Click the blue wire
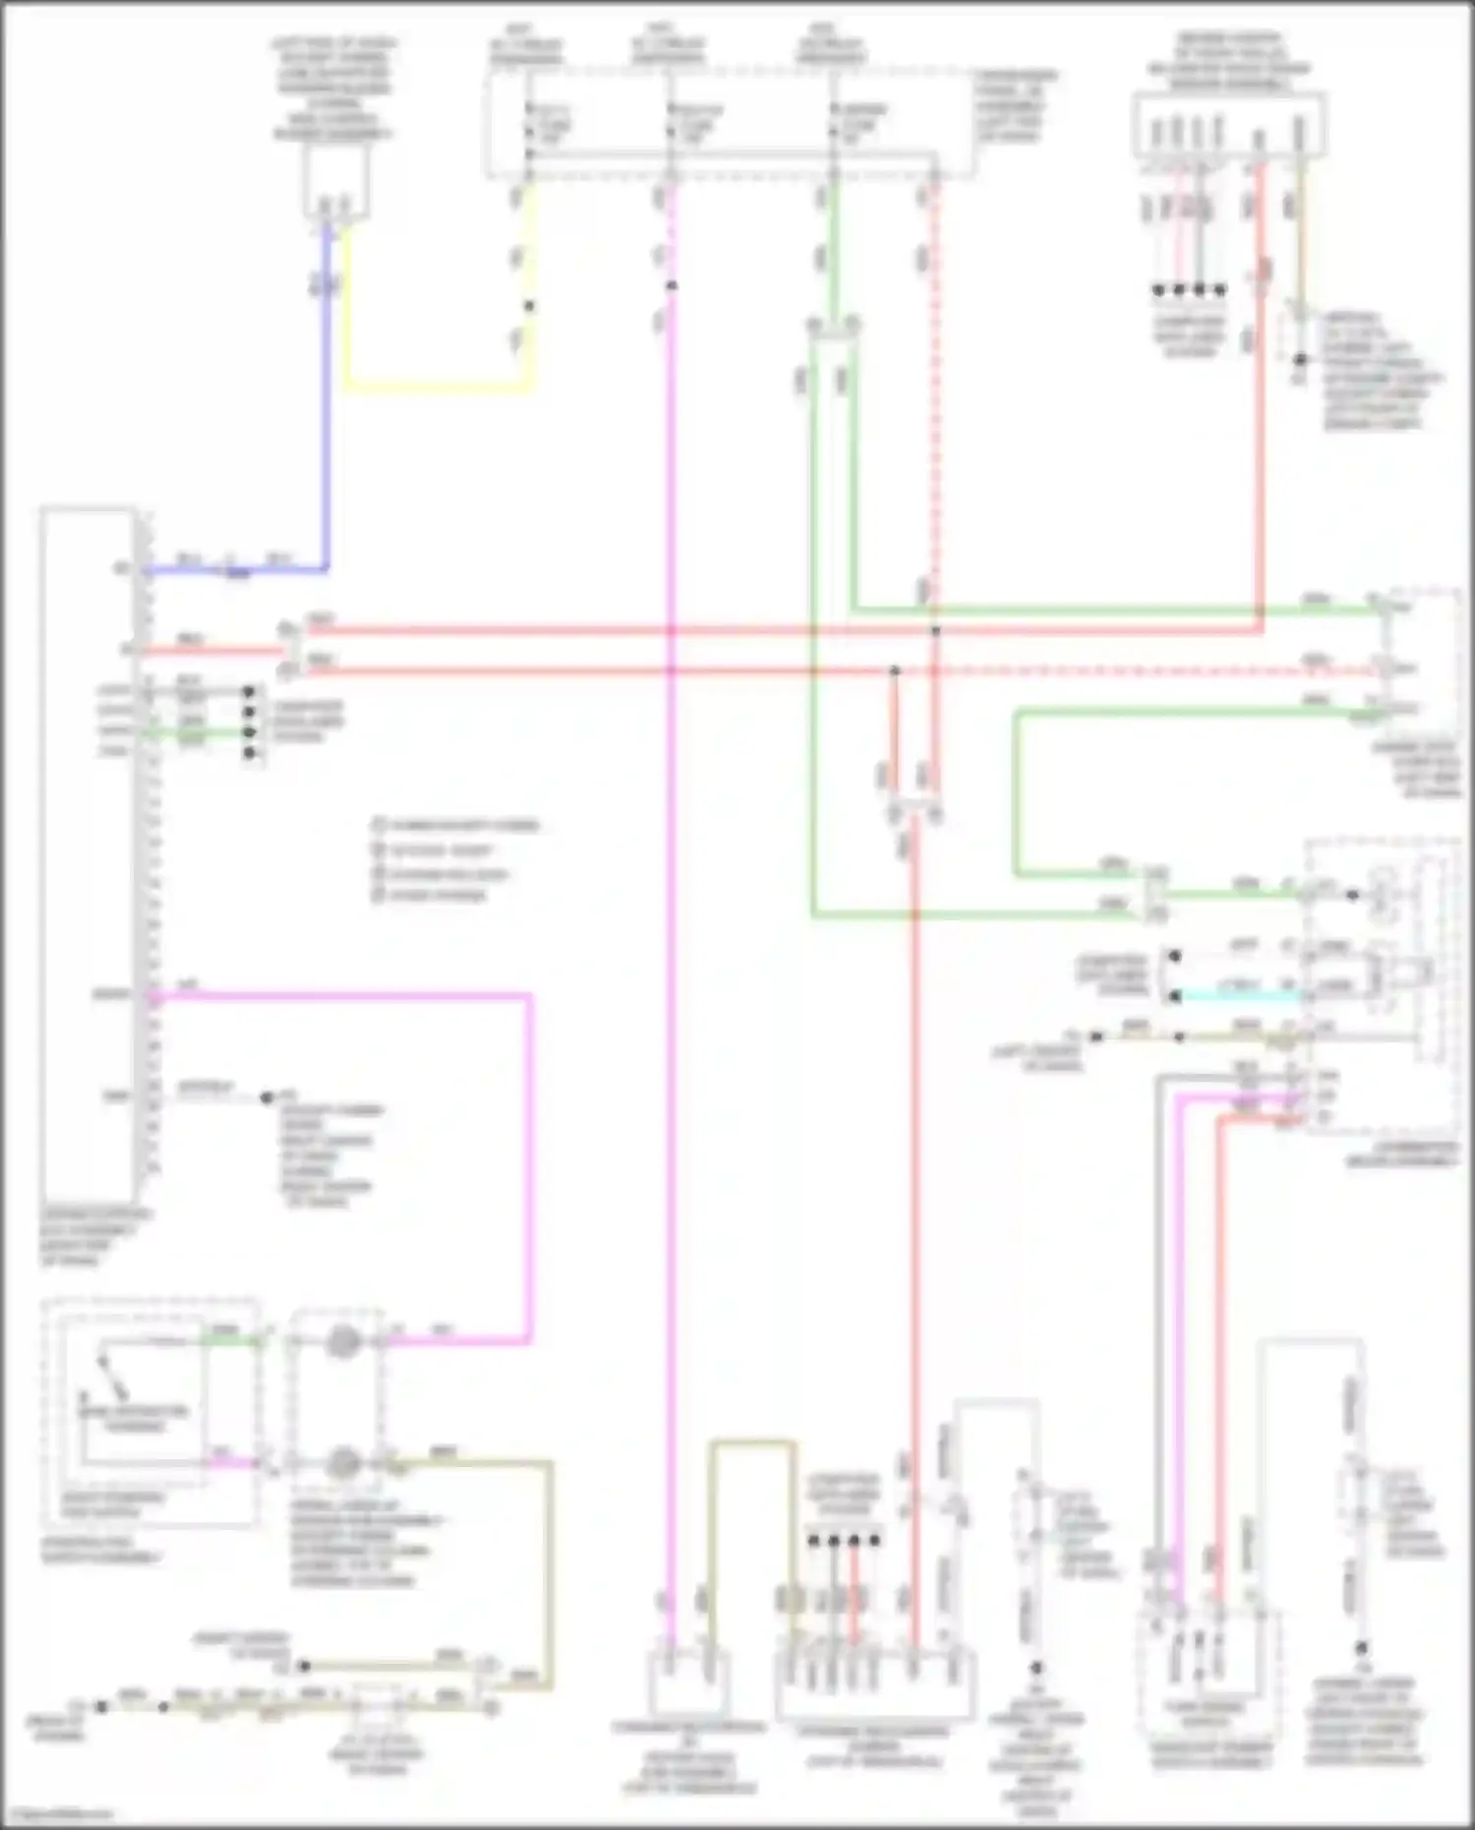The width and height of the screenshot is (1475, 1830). click(325, 413)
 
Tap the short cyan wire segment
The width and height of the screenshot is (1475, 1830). click(1239, 996)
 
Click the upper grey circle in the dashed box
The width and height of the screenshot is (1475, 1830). click(342, 1341)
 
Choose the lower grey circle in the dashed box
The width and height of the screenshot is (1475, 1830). click(342, 1463)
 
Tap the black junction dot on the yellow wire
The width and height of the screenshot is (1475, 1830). click(529, 306)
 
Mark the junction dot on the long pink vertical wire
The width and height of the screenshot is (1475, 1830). click(672, 286)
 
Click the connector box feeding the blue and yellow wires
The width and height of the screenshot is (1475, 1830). click(334, 182)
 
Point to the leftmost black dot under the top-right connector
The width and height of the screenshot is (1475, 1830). click(1158, 290)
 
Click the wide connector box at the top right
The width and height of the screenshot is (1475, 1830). click(1229, 125)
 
